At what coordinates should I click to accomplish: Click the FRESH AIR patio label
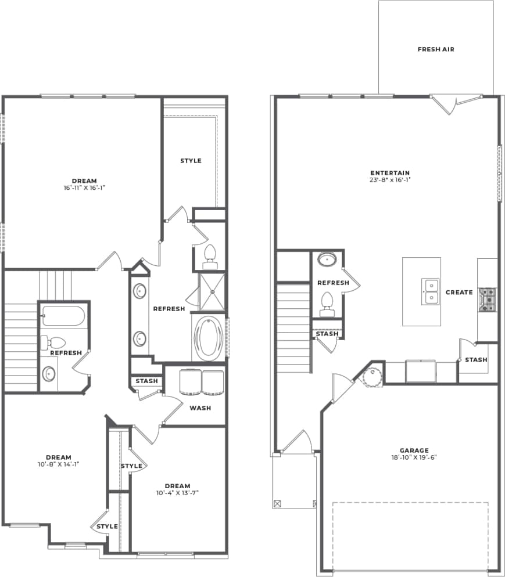(436, 49)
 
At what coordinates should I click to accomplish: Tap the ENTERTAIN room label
(390, 172)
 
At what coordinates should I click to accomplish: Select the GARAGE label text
(414, 450)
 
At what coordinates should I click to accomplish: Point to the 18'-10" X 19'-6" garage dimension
(414, 457)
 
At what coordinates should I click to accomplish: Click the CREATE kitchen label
(459, 292)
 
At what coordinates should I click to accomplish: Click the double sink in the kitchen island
(431, 291)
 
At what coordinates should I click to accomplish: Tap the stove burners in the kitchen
(486, 300)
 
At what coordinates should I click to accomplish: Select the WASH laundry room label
(200, 407)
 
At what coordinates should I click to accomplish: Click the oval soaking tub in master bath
(207, 338)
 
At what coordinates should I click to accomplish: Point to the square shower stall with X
(212, 291)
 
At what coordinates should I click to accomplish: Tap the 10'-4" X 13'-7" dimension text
(177, 493)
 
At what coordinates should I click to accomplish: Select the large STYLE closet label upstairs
(191, 160)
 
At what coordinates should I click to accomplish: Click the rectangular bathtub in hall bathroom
(63, 317)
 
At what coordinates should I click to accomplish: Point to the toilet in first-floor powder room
(327, 304)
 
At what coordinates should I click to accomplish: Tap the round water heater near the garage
(371, 376)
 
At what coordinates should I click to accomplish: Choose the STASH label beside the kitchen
(476, 360)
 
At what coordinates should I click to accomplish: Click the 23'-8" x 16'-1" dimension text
(390, 180)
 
